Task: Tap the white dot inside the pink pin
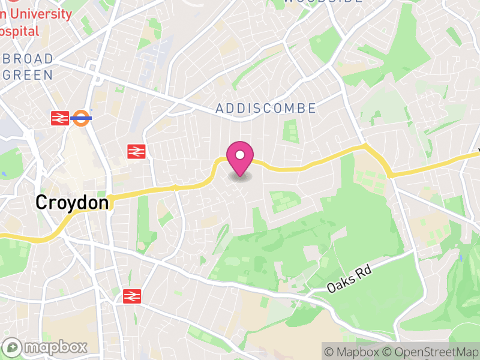(240, 155)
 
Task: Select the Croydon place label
(72, 202)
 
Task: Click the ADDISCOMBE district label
(265, 109)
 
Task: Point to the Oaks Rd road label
(349, 279)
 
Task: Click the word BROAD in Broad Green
(29, 59)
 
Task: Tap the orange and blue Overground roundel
(81, 118)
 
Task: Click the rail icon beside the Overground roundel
(60, 118)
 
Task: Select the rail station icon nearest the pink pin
(137, 152)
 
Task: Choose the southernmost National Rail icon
(131, 295)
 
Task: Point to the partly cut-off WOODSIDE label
(322, 2)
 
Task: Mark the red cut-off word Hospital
(19, 31)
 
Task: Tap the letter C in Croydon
(41, 202)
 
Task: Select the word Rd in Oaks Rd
(364, 272)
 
